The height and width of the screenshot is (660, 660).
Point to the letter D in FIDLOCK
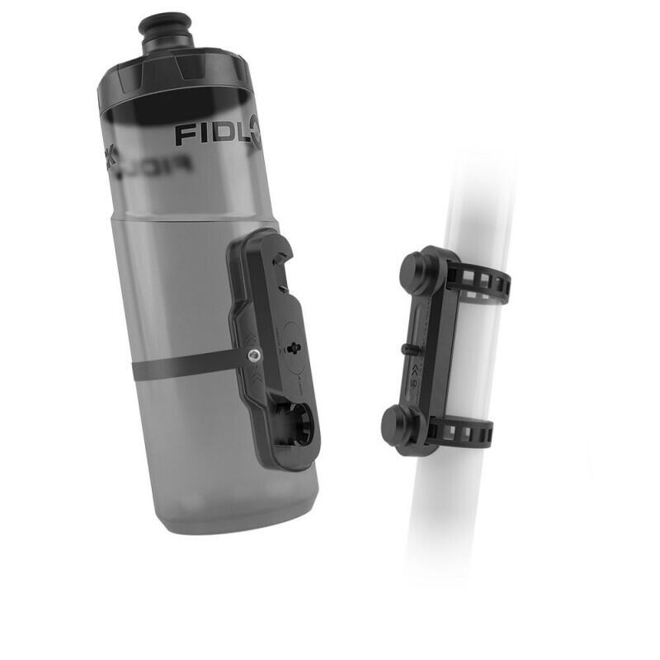coord(216,134)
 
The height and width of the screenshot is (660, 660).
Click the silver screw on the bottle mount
coord(253,356)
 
